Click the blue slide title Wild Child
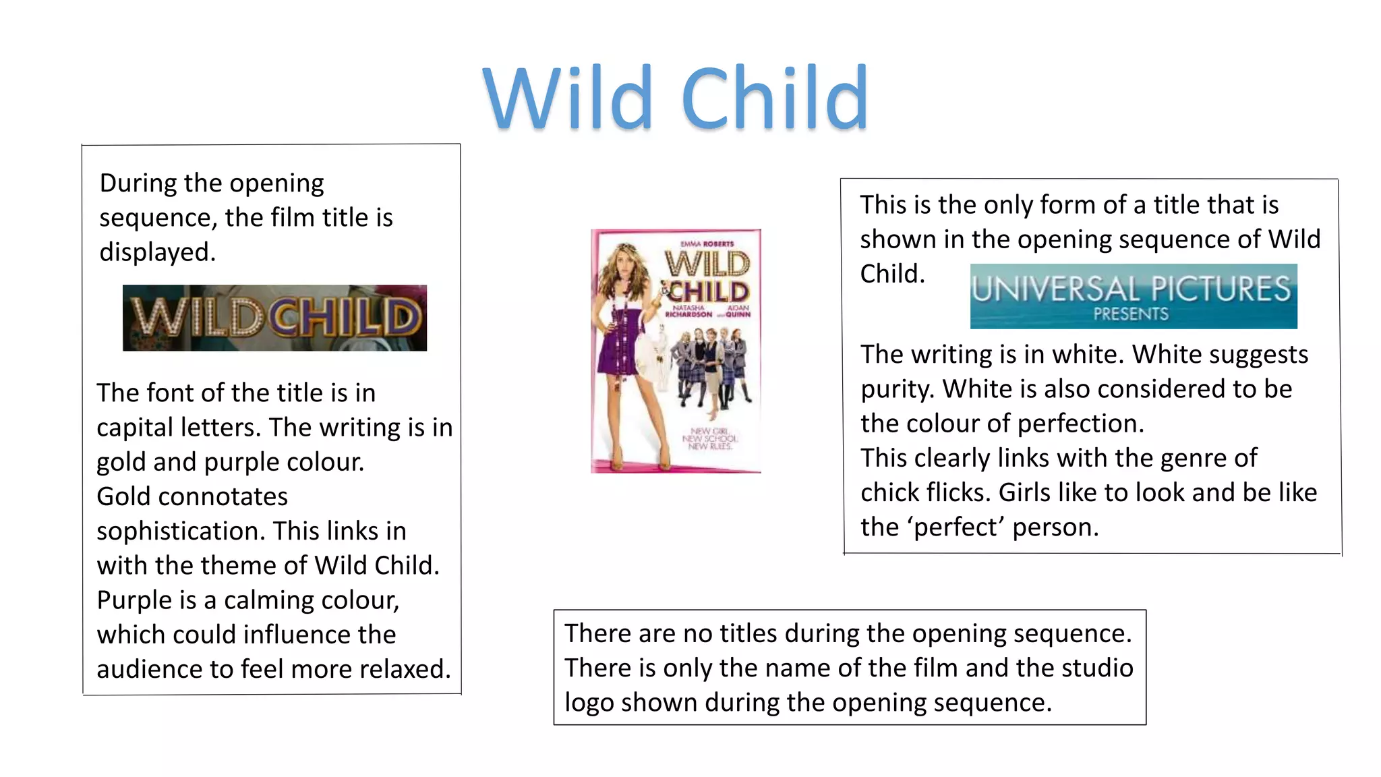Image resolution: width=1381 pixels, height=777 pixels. click(x=676, y=98)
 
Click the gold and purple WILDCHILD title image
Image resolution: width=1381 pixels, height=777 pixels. click(x=274, y=318)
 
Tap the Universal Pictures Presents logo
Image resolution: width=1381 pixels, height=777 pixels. click(x=1133, y=296)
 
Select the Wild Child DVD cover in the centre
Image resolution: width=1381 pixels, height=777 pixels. click(x=676, y=351)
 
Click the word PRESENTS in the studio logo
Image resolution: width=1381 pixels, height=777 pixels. click(x=1131, y=314)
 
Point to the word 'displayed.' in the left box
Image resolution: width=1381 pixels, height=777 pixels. click(x=158, y=252)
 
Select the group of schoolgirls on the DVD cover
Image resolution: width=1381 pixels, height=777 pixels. click(x=715, y=364)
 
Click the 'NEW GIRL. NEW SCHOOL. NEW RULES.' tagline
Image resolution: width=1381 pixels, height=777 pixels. click(x=709, y=438)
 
